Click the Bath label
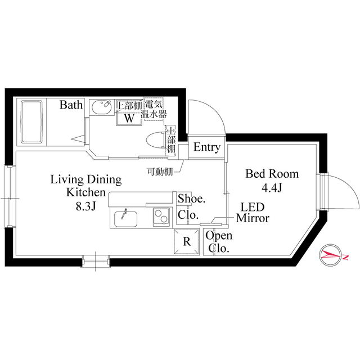click(x=71, y=105)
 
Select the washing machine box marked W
click(x=129, y=118)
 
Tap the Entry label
click(x=206, y=147)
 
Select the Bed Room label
click(x=272, y=174)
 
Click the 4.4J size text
click(x=272, y=188)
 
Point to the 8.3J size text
click(x=86, y=206)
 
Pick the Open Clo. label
click(x=218, y=242)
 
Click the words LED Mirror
click(x=253, y=212)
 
